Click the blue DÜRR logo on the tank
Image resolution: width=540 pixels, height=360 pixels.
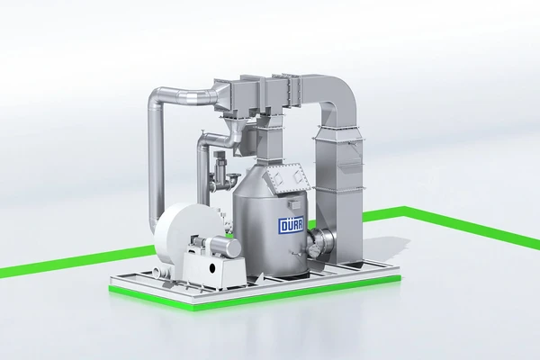291,226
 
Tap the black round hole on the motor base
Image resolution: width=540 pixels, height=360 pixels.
213,267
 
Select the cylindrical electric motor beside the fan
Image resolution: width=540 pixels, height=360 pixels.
224,246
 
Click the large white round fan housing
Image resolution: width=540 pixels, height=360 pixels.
186,235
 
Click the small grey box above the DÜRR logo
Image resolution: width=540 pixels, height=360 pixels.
296,204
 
